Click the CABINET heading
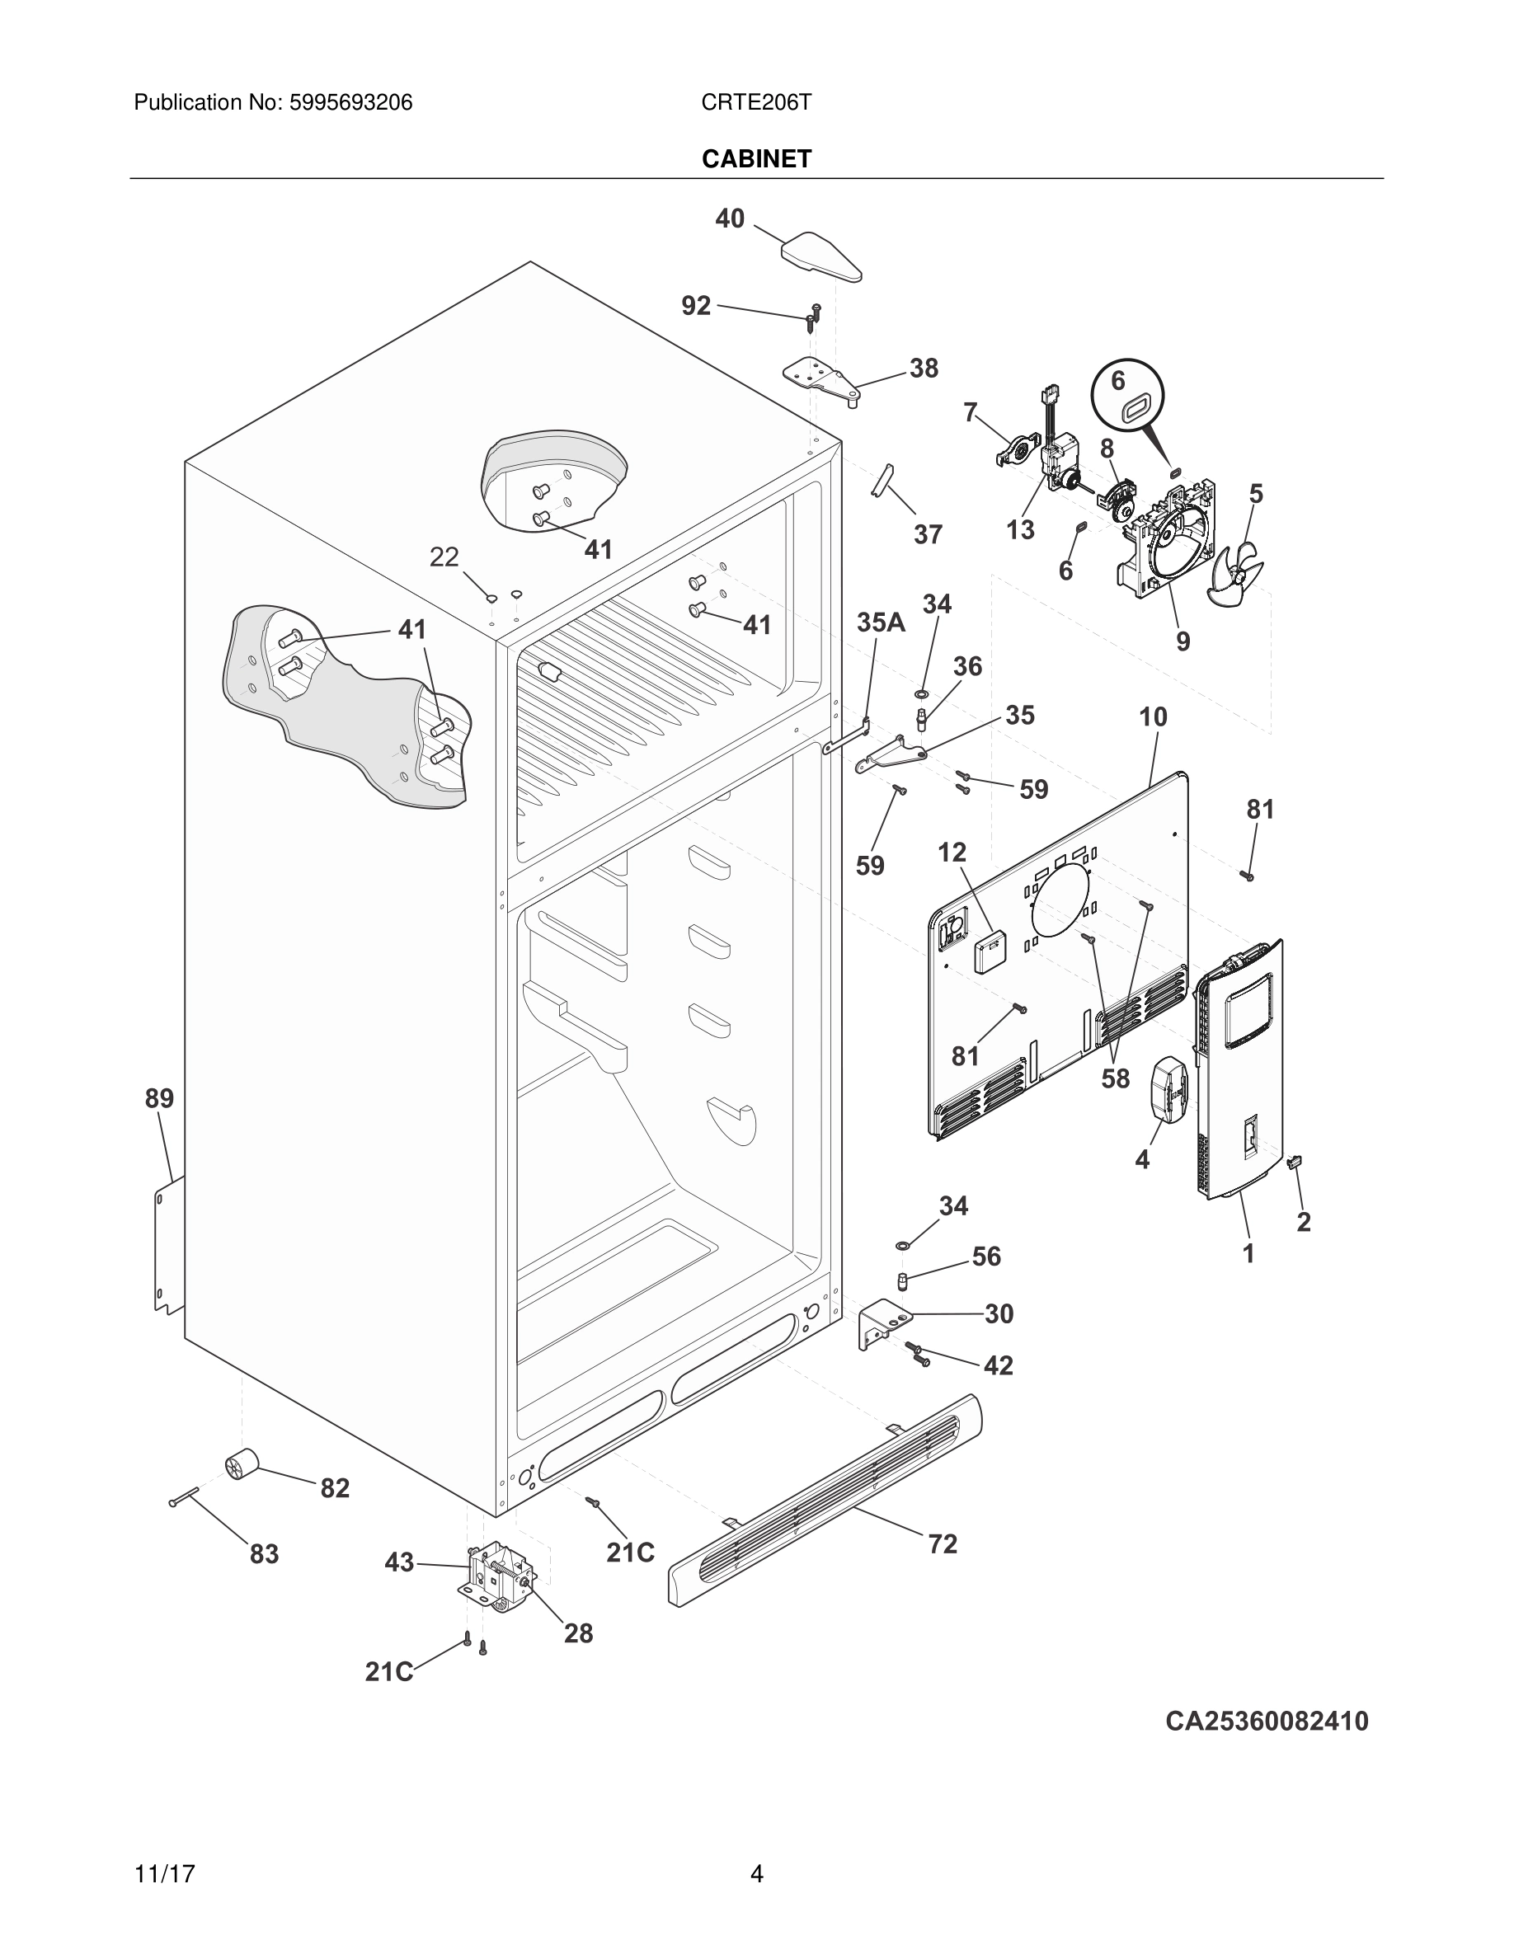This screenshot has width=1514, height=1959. (756, 159)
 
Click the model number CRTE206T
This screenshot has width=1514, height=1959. (756, 102)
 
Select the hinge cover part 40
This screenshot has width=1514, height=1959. (820, 256)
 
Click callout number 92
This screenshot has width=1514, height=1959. (696, 306)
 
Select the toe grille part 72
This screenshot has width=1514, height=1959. (825, 1500)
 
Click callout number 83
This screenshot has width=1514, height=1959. (264, 1553)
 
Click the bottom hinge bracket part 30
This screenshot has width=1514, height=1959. (882, 1324)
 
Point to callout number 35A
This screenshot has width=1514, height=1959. (880, 622)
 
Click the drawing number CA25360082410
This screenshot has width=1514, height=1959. (1267, 1722)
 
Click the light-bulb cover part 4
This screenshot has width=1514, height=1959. (1168, 1088)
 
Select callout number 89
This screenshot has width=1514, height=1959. (160, 1099)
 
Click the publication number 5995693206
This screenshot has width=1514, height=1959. (350, 102)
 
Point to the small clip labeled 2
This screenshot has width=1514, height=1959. (1295, 1163)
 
